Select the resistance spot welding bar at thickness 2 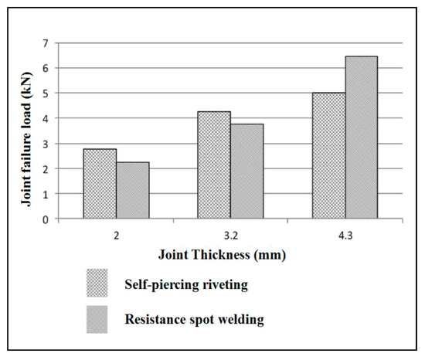point(132,191)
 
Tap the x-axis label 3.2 point(230,232)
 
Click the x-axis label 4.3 point(345,232)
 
